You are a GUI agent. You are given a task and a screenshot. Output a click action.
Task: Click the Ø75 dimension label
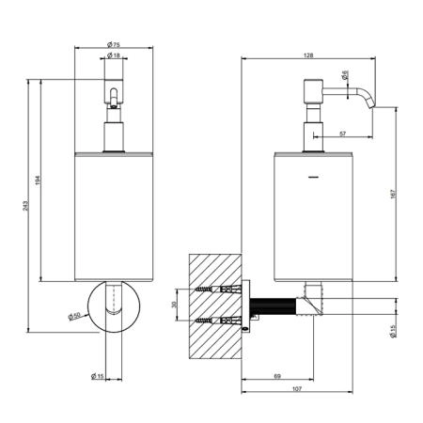[x=114, y=44]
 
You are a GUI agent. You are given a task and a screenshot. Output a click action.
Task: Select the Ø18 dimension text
[x=114, y=55]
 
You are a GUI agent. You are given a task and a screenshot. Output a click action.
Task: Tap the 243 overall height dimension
[x=25, y=206]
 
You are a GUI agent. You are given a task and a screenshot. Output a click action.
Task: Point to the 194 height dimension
[x=38, y=180]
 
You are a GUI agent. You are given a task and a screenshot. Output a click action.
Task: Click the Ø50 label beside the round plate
[x=74, y=316]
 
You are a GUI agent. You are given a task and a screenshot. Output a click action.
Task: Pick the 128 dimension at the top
[x=308, y=55]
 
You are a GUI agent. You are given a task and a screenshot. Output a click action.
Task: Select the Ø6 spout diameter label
[x=345, y=75]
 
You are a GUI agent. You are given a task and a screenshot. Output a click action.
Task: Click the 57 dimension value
[x=343, y=133]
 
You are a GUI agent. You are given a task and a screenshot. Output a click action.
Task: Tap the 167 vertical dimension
[x=394, y=195]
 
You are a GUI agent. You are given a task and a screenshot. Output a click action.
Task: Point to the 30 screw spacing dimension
[x=174, y=305]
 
